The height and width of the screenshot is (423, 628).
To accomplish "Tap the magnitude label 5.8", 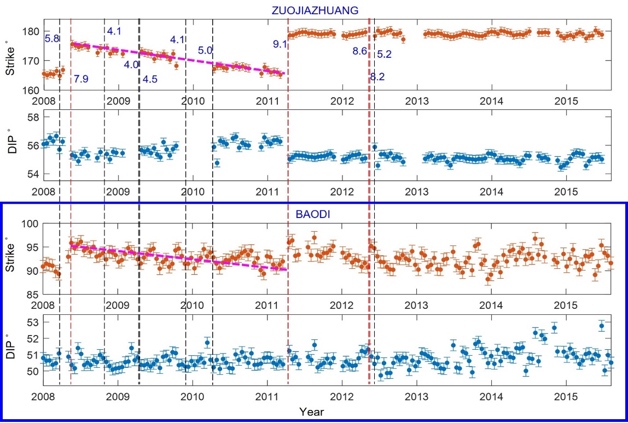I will point(52,39).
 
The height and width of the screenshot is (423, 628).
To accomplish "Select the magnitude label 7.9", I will point(81,79).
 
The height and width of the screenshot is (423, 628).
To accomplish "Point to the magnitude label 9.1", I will point(280,44).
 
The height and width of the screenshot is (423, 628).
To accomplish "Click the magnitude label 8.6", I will point(359,51).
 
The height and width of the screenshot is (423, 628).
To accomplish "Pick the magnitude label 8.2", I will point(377,77).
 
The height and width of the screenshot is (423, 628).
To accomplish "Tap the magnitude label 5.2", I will point(385,54).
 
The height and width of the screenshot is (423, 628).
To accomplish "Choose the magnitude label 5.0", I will point(205,50).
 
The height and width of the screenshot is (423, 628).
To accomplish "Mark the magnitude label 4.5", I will point(150,80).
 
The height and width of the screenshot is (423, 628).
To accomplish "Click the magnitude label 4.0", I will point(131,65).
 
